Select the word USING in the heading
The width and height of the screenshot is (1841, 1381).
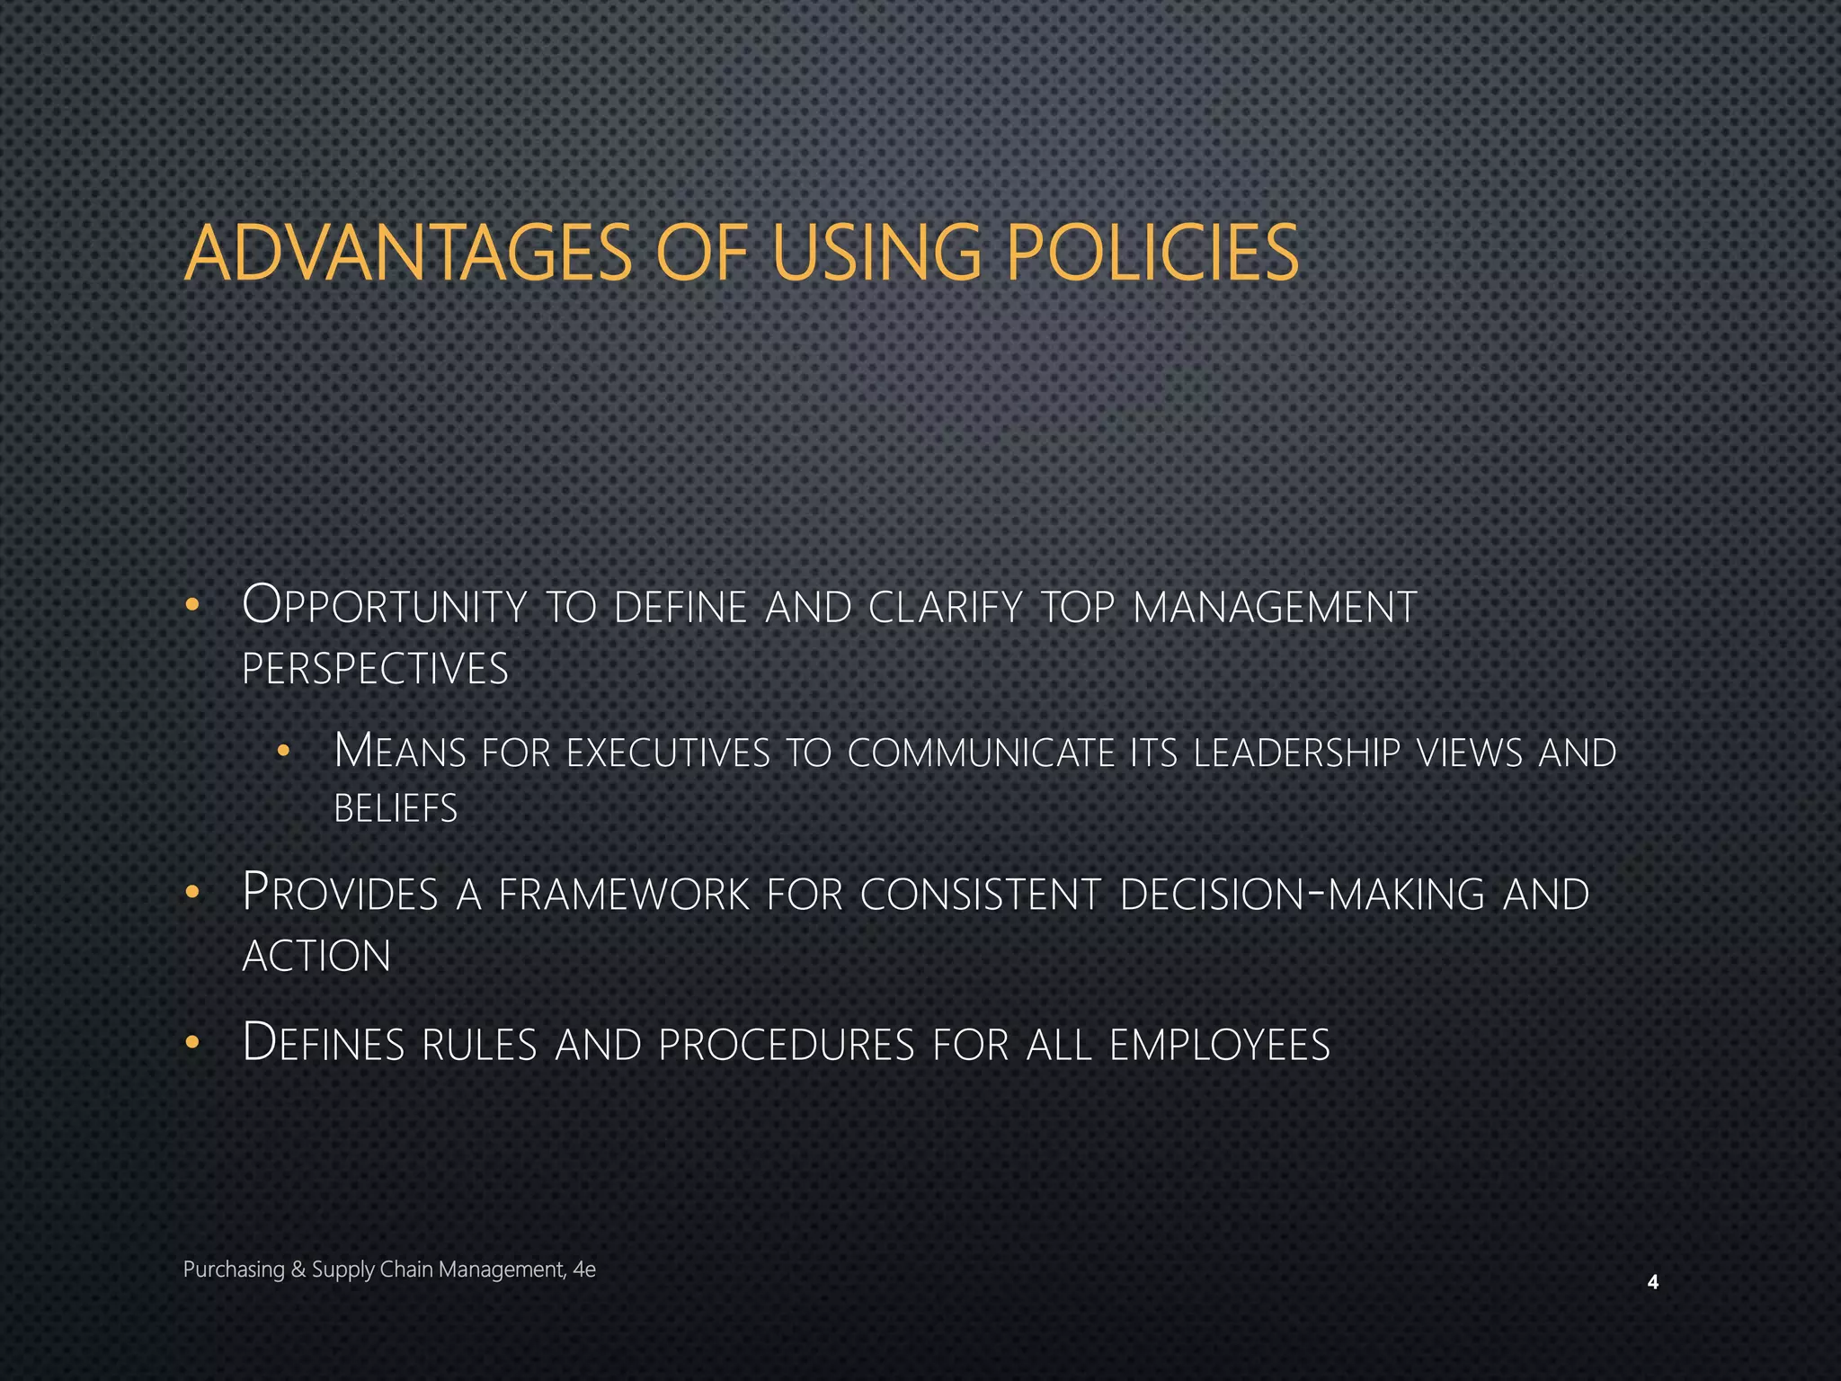(x=876, y=254)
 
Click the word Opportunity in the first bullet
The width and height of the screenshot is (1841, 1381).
(x=385, y=607)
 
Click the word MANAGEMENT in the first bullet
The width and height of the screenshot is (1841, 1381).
(x=1275, y=607)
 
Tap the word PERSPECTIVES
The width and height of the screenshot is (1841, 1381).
(x=376, y=669)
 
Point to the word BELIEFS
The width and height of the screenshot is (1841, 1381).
(x=396, y=808)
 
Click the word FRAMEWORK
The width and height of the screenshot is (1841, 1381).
(x=624, y=894)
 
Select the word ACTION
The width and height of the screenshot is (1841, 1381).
(x=316, y=956)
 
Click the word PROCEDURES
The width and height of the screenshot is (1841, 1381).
(x=787, y=1045)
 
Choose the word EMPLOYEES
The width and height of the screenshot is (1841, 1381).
(x=1220, y=1045)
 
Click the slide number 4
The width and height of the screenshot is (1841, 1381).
(x=1652, y=1283)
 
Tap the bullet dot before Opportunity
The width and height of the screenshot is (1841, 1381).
(x=191, y=605)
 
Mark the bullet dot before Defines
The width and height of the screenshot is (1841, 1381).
(x=191, y=1043)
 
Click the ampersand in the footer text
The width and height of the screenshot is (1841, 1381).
(x=298, y=1270)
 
